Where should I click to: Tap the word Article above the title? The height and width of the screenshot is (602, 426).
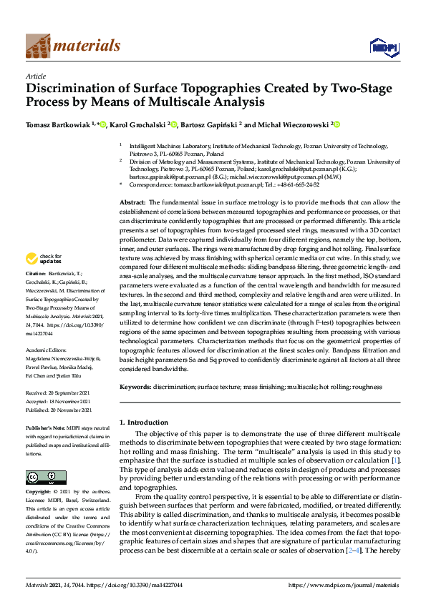[35, 76]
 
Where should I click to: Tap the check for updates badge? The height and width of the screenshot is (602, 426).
[45, 259]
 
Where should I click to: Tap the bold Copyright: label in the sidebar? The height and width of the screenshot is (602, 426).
[39, 493]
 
